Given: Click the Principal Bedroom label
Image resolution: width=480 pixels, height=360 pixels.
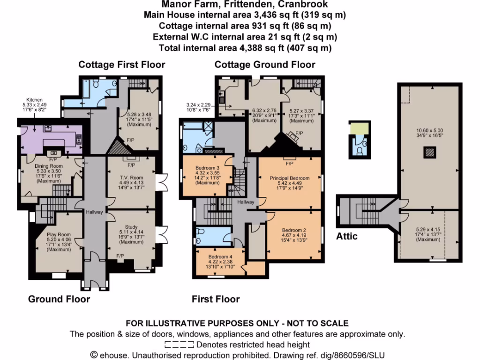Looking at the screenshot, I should tap(289, 178).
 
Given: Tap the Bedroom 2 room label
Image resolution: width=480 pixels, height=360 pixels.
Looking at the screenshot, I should tap(294, 230).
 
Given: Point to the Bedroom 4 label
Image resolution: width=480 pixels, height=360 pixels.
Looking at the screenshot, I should tap(220, 257).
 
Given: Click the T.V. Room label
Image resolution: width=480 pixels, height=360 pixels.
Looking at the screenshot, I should tap(130, 178).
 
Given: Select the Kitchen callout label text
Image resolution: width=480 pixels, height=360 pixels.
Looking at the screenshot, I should tap(35, 100).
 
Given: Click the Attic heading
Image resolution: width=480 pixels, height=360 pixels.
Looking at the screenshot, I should tap(347, 236).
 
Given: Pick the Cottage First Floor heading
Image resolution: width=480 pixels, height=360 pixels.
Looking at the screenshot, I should tap(121, 64).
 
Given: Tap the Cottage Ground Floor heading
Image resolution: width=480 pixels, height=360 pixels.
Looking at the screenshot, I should tap(265, 64).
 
